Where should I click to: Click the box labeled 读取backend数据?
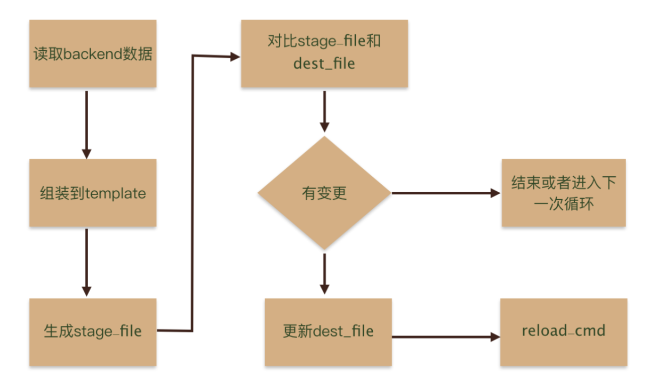point(92,53)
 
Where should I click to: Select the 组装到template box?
point(92,192)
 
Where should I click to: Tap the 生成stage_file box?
point(92,332)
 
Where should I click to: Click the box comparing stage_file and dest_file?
point(324,53)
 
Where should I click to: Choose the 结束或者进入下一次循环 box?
point(563,192)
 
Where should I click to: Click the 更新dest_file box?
point(328,332)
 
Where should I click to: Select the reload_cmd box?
point(563,332)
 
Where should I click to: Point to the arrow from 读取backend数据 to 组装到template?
point(86,123)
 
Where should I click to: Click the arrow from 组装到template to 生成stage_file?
point(86,262)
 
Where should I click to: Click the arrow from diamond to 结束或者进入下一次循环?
point(443,193)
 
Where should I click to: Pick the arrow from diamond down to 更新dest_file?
point(324,272)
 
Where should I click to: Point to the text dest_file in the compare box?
point(324,64)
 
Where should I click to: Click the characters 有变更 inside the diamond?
point(324,193)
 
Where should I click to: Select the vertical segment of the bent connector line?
point(192,192)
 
